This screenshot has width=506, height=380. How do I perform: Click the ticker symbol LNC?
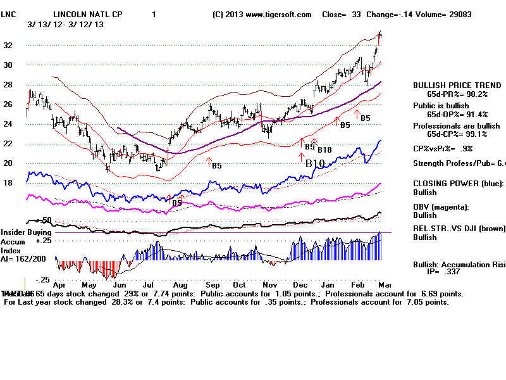[x=9, y=14]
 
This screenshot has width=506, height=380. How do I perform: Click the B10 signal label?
[x=315, y=163]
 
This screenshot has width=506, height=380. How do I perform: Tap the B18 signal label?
[x=325, y=149]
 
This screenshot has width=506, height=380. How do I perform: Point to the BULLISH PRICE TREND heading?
[x=457, y=85]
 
